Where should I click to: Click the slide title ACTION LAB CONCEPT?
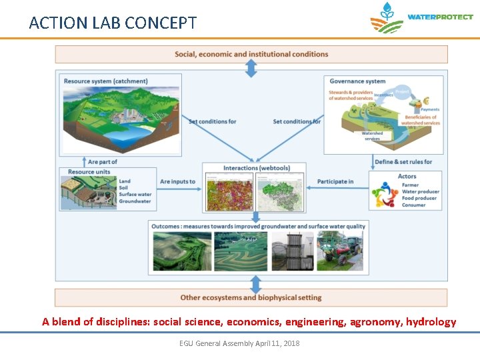(x=113, y=23)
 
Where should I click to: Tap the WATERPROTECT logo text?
(x=439, y=17)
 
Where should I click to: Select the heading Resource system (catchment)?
(x=105, y=81)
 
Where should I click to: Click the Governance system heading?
(x=357, y=81)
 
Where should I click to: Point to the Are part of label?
(x=103, y=162)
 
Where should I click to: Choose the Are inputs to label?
(x=177, y=181)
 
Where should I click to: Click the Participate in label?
(x=335, y=181)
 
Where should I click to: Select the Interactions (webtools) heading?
(x=255, y=168)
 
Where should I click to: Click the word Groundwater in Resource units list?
(x=135, y=201)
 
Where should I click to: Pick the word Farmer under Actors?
(x=410, y=185)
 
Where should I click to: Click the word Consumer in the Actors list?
(x=413, y=205)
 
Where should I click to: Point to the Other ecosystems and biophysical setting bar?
(x=251, y=297)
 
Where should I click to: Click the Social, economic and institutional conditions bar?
(x=251, y=54)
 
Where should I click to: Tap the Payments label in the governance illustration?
(x=430, y=109)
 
